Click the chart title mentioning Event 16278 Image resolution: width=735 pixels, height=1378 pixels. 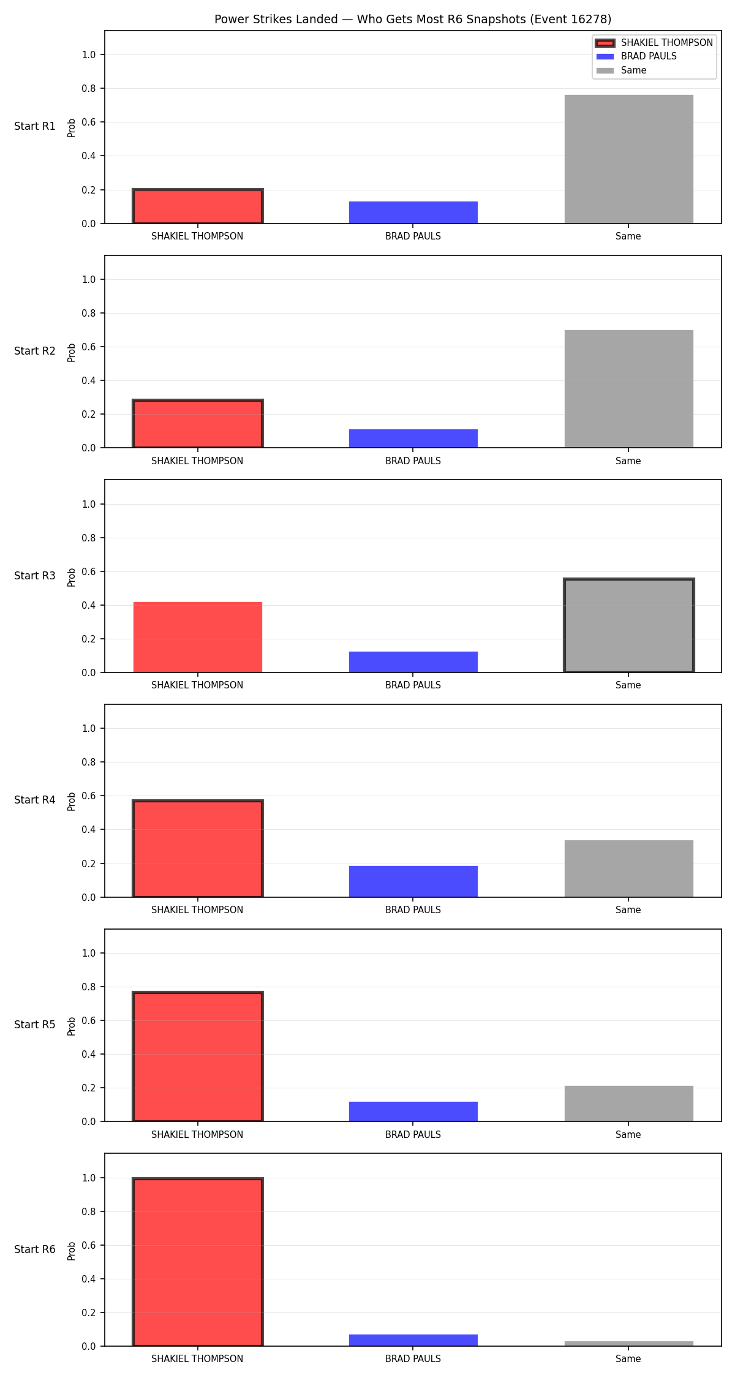(x=413, y=20)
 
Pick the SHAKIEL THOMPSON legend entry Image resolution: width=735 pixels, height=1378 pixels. (x=654, y=43)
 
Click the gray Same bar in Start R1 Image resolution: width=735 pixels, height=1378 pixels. (x=628, y=159)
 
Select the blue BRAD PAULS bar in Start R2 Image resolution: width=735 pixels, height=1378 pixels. (x=413, y=439)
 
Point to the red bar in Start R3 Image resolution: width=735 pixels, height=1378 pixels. (x=197, y=637)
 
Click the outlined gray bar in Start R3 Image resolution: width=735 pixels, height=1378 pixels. (x=628, y=625)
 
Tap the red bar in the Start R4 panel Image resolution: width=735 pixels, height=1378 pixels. (x=197, y=849)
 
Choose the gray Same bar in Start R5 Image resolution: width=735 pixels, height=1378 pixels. (x=628, y=1104)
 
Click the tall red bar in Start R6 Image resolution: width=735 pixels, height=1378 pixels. (x=197, y=1262)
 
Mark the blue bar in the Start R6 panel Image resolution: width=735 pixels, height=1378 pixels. (x=413, y=1340)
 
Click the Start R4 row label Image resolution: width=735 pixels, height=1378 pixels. (x=35, y=800)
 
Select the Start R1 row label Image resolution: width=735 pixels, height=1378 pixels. (x=35, y=126)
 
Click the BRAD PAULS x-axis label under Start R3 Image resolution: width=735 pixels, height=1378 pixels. (x=413, y=685)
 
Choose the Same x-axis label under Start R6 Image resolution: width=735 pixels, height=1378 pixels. (x=628, y=1359)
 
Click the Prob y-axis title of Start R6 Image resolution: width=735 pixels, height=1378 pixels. (x=72, y=1251)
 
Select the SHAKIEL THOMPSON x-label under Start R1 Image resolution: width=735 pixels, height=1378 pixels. (x=197, y=236)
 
